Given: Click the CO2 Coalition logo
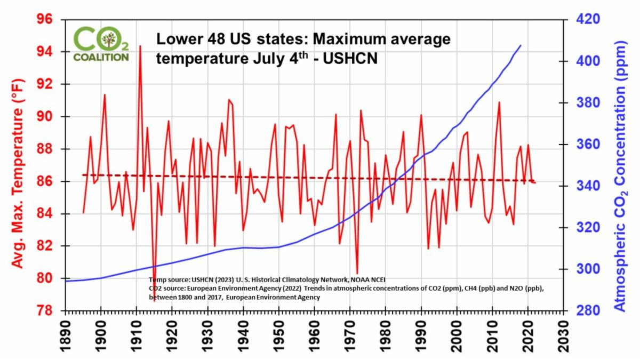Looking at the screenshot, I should [x=101, y=44].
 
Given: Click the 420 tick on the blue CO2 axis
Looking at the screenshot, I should [x=583, y=20].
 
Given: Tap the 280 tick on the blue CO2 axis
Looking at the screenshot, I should [x=583, y=310].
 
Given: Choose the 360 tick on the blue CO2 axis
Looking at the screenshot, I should [x=583, y=145].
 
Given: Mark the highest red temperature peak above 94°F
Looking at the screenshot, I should [x=140, y=46].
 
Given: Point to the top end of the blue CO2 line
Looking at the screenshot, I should [x=521, y=45].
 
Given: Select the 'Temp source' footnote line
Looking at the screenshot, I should [x=267, y=279].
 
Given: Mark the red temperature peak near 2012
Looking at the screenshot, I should [x=499, y=102].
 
